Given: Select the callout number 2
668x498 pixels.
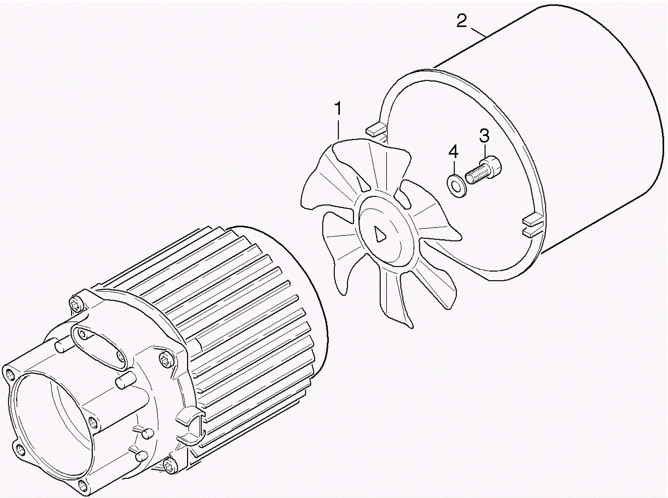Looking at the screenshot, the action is (461, 20).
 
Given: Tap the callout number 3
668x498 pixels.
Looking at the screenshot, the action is (484, 135).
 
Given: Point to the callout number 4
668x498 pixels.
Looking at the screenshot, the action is (453, 152).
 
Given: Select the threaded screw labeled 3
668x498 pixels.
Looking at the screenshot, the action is (483, 171).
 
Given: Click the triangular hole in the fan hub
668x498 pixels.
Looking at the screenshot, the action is (380, 234).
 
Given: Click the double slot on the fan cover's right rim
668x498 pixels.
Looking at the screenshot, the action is (533, 226).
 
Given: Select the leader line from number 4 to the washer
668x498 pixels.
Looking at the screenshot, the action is (454, 167).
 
